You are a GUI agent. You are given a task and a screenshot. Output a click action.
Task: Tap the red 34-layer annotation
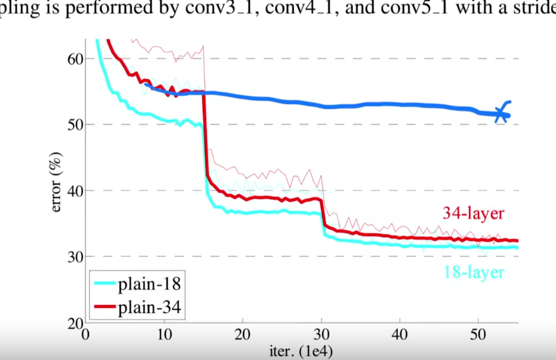click(x=474, y=214)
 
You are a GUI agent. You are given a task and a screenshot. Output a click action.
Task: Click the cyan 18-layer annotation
click(x=474, y=272)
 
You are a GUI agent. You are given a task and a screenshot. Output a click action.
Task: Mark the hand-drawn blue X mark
click(x=501, y=114)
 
